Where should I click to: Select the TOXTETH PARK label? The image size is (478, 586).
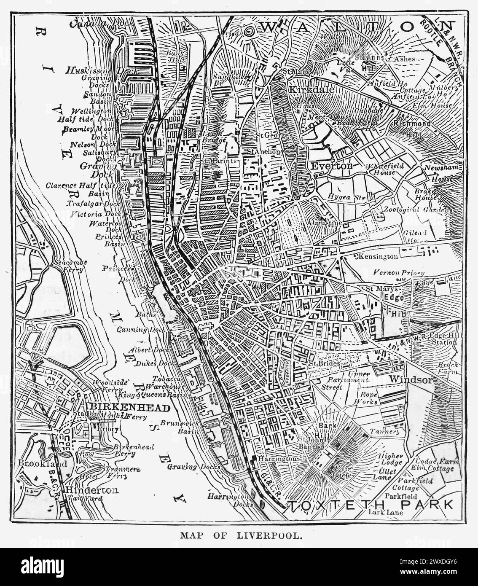pyautogui.click(x=371, y=504)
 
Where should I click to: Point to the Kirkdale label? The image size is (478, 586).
pyautogui.click(x=312, y=90)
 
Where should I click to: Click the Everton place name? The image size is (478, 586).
pyautogui.click(x=338, y=166)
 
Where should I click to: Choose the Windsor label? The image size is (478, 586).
pyautogui.click(x=410, y=379)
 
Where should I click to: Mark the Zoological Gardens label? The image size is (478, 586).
pyautogui.click(x=417, y=210)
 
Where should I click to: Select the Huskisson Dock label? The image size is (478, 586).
pyautogui.click(x=102, y=71)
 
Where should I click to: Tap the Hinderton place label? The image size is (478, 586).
pyautogui.click(x=91, y=490)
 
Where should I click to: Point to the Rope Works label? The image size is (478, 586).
pyautogui.click(x=368, y=398)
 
